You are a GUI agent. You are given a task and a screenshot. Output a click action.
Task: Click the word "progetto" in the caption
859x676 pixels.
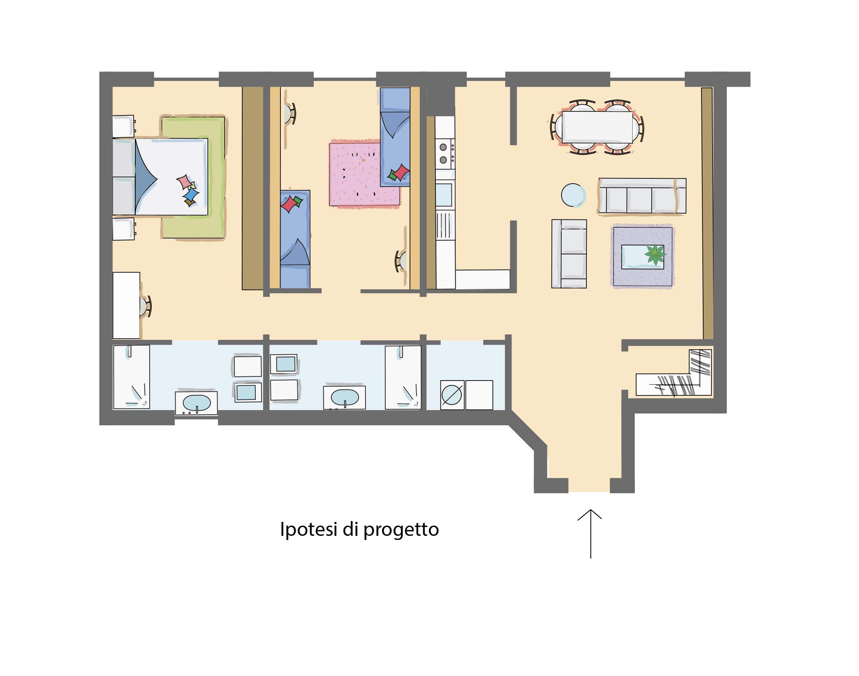[x=401, y=530]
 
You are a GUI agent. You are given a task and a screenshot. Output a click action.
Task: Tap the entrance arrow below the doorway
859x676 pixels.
[x=590, y=534]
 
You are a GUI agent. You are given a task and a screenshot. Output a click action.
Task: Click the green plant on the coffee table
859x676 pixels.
[x=655, y=255]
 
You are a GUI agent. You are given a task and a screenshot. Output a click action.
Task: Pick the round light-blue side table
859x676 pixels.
[x=574, y=195]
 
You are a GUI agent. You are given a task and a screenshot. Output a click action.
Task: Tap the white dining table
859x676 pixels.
[x=597, y=127]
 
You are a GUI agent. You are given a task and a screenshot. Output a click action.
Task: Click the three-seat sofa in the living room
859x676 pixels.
[x=642, y=196]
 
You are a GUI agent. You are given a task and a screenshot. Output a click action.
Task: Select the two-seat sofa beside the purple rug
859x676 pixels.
[x=569, y=254]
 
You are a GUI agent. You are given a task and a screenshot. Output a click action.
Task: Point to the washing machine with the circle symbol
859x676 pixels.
[x=452, y=395]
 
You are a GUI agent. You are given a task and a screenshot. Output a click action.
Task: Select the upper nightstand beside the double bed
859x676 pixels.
[x=124, y=126]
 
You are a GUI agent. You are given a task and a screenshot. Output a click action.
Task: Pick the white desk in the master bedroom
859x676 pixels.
[x=126, y=305]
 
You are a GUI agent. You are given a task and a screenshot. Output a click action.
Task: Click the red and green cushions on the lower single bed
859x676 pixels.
[x=292, y=203]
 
